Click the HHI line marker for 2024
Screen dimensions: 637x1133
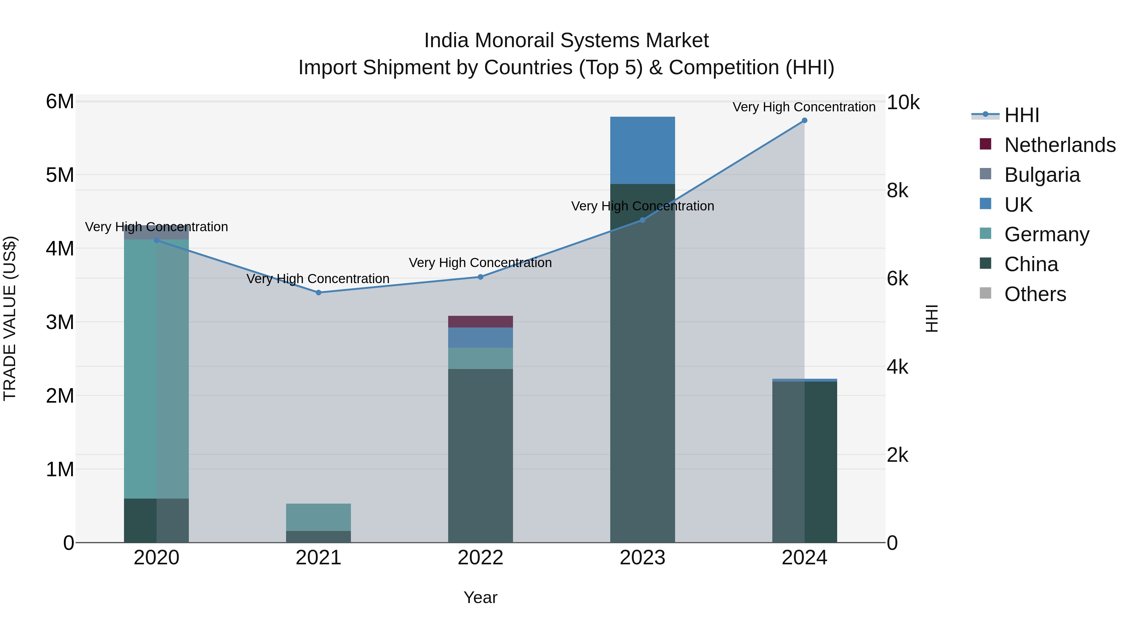click(x=804, y=120)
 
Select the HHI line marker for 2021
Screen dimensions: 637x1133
click(x=318, y=292)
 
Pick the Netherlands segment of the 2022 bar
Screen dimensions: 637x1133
click(x=480, y=321)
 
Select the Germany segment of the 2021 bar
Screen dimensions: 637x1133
click(x=318, y=517)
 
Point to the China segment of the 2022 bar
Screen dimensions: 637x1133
click(x=480, y=455)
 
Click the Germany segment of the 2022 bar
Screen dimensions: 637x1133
click(x=480, y=358)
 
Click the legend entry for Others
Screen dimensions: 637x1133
click(x=1035, y=294)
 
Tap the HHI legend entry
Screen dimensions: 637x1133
click(x=1021, y=115)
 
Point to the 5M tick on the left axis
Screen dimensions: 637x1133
click(x=60, y=175)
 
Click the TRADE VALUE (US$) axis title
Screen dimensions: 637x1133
click(x=10, y=318)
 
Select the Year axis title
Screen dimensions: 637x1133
click(x=480, y=597)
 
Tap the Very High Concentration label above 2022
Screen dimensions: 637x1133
click(x=480, y=263)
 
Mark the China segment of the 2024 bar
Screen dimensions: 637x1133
click(x=804, y=461)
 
